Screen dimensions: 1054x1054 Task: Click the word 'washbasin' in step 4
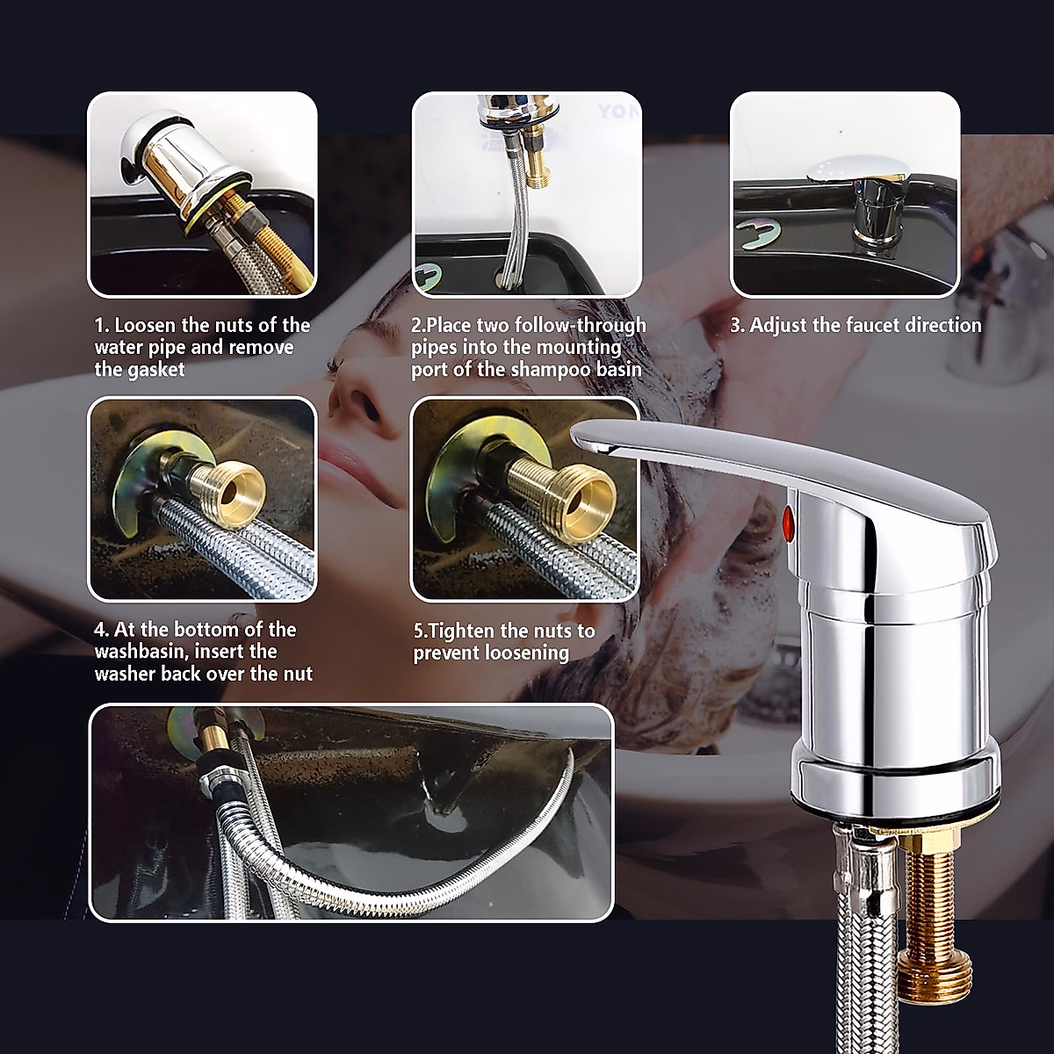pyautogui.click(x=139, y=652)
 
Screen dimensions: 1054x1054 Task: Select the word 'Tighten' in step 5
pyautogui.click(x=462, y=631)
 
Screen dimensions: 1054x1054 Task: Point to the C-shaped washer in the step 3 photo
pyautogui.click(x=758, y=238)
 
